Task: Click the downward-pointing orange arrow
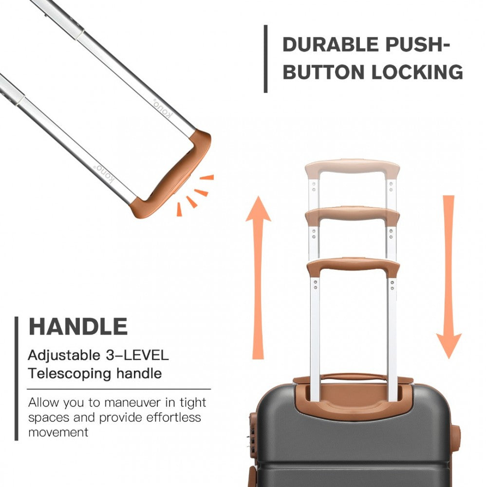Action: (x=449, y=278)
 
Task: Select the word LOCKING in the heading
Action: (x=417, y=72)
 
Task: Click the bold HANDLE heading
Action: (x=78, y=326)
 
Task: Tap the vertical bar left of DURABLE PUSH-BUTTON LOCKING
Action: (x=265, y=58)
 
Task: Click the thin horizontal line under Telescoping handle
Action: (x=119, y=389)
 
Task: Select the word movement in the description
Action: (x=58, y=432)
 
